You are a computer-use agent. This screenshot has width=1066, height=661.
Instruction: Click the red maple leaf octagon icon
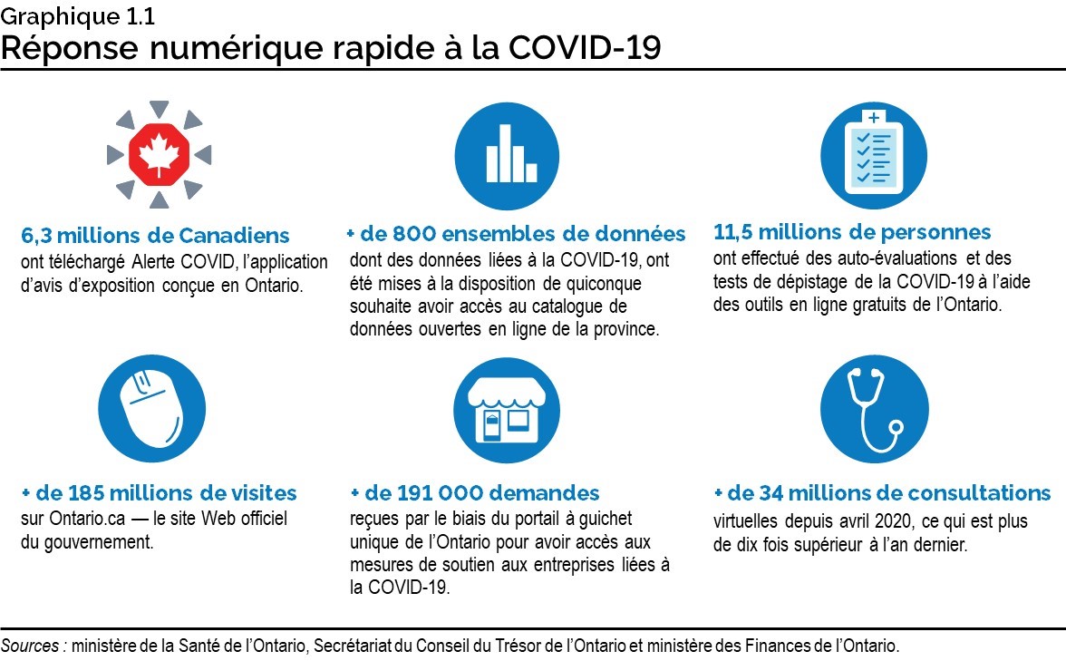coord(159,154)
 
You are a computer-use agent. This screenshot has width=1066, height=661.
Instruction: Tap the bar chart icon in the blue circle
coord(507,157)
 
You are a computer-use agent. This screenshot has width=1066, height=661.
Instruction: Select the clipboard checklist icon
coord(873,155)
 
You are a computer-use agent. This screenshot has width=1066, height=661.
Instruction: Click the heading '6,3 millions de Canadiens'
coord(155,236)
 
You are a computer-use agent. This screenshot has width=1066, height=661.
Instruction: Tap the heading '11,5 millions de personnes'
coord(852,233)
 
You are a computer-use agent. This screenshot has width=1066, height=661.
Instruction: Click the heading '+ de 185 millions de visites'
coord(159,493)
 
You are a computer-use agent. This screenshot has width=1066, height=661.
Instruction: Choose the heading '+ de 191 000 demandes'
coord(475,493)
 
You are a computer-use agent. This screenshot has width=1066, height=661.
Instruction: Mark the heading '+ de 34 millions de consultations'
coord(882,493)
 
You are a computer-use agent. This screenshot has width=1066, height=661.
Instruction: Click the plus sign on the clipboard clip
coord(874,118)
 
